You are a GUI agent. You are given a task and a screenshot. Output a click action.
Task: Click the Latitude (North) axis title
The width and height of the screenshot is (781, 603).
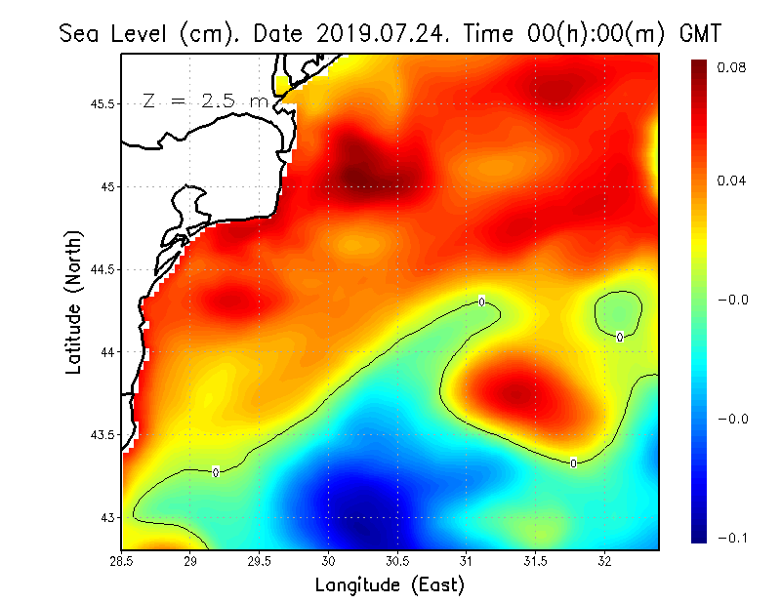(74, 301)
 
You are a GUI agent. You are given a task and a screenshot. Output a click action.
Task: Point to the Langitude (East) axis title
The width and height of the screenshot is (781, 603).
(390, 585)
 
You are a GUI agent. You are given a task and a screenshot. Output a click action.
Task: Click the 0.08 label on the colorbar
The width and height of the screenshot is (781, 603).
(733, 68)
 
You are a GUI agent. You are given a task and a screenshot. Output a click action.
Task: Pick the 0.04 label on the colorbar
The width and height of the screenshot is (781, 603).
(733, 181)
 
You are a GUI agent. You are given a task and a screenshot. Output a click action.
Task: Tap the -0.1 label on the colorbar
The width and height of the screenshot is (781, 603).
(731, 538)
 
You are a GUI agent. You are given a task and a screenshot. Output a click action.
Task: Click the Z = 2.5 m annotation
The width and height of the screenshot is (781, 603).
(205, 100)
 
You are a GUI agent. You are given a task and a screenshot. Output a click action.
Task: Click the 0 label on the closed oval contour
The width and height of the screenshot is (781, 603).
(620, 337)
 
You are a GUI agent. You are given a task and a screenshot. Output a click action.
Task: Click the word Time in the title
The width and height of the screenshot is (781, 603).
(506, 33)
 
